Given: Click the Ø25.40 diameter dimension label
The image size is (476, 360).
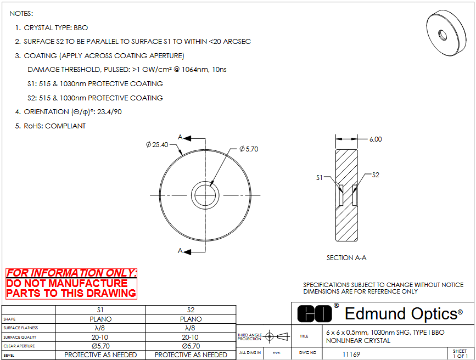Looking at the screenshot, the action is coord(157,145).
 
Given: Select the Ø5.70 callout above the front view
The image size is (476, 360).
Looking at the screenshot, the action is coord(249,149).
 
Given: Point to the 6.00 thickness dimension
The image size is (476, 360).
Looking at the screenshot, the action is coord(376,139).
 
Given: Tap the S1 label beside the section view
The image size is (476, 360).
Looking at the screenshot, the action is coord(320,178).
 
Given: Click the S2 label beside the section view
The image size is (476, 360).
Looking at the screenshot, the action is coord(376,175).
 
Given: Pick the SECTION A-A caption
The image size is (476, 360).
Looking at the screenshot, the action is coord(346,258).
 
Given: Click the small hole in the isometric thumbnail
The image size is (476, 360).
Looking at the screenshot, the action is coord(443,35).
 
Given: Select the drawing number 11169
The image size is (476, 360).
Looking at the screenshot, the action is coord(351,354).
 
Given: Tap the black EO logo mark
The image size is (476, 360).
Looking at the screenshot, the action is coord(315,313).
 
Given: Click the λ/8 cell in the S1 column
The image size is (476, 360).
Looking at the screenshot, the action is coord(100,328).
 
